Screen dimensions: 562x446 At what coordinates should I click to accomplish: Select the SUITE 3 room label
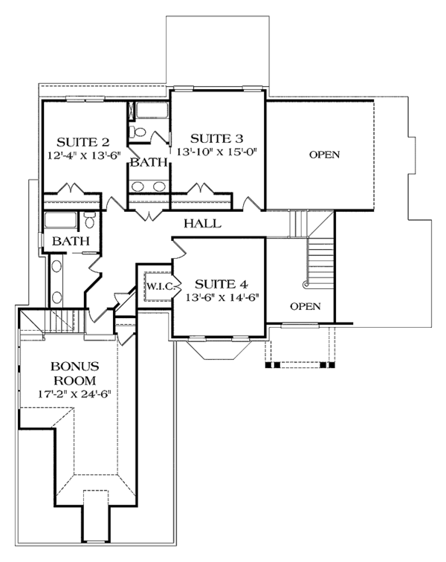click(216, 138)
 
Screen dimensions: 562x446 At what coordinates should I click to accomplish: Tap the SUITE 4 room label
click(220, 284)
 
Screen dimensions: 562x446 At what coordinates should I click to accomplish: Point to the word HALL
click(201, 223)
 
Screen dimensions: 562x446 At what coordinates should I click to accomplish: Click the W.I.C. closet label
click(159, 286)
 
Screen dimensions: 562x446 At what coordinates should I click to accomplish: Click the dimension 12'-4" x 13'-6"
click(83, 155)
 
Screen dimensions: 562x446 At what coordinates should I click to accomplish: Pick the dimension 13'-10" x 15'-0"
click(216, 152)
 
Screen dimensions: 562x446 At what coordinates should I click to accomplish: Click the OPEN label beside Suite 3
click(324, 155)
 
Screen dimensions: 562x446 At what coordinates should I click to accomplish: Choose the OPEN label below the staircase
click(305, 306)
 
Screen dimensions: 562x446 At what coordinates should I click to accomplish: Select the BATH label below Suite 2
click(71, 241)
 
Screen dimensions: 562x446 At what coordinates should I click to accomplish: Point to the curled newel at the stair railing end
click(305, 284)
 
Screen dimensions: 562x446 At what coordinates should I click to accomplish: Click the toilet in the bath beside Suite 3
click(138, 132)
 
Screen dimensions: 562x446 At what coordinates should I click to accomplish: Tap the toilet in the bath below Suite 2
click(88, 220)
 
